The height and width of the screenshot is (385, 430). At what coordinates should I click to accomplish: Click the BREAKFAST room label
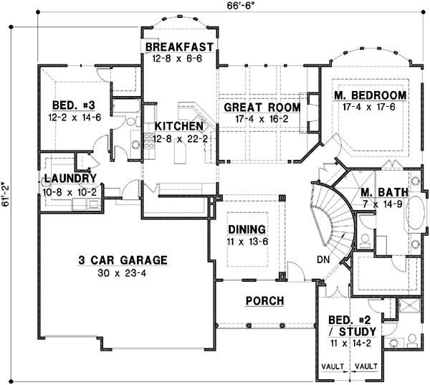click(x=179, y=47)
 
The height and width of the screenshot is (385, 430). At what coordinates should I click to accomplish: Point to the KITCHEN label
click(x=179, y=126)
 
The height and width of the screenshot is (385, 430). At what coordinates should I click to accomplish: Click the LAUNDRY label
click(x=70, y=179)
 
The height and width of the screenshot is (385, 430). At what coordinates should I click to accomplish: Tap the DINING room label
click(x=247, y=229)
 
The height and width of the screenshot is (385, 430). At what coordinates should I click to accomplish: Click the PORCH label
click(x=264, y=300)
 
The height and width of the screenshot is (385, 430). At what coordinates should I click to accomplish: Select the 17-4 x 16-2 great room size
click(x=261, y=120)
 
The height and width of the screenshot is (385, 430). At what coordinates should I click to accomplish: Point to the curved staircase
click(x=331, y=215)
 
